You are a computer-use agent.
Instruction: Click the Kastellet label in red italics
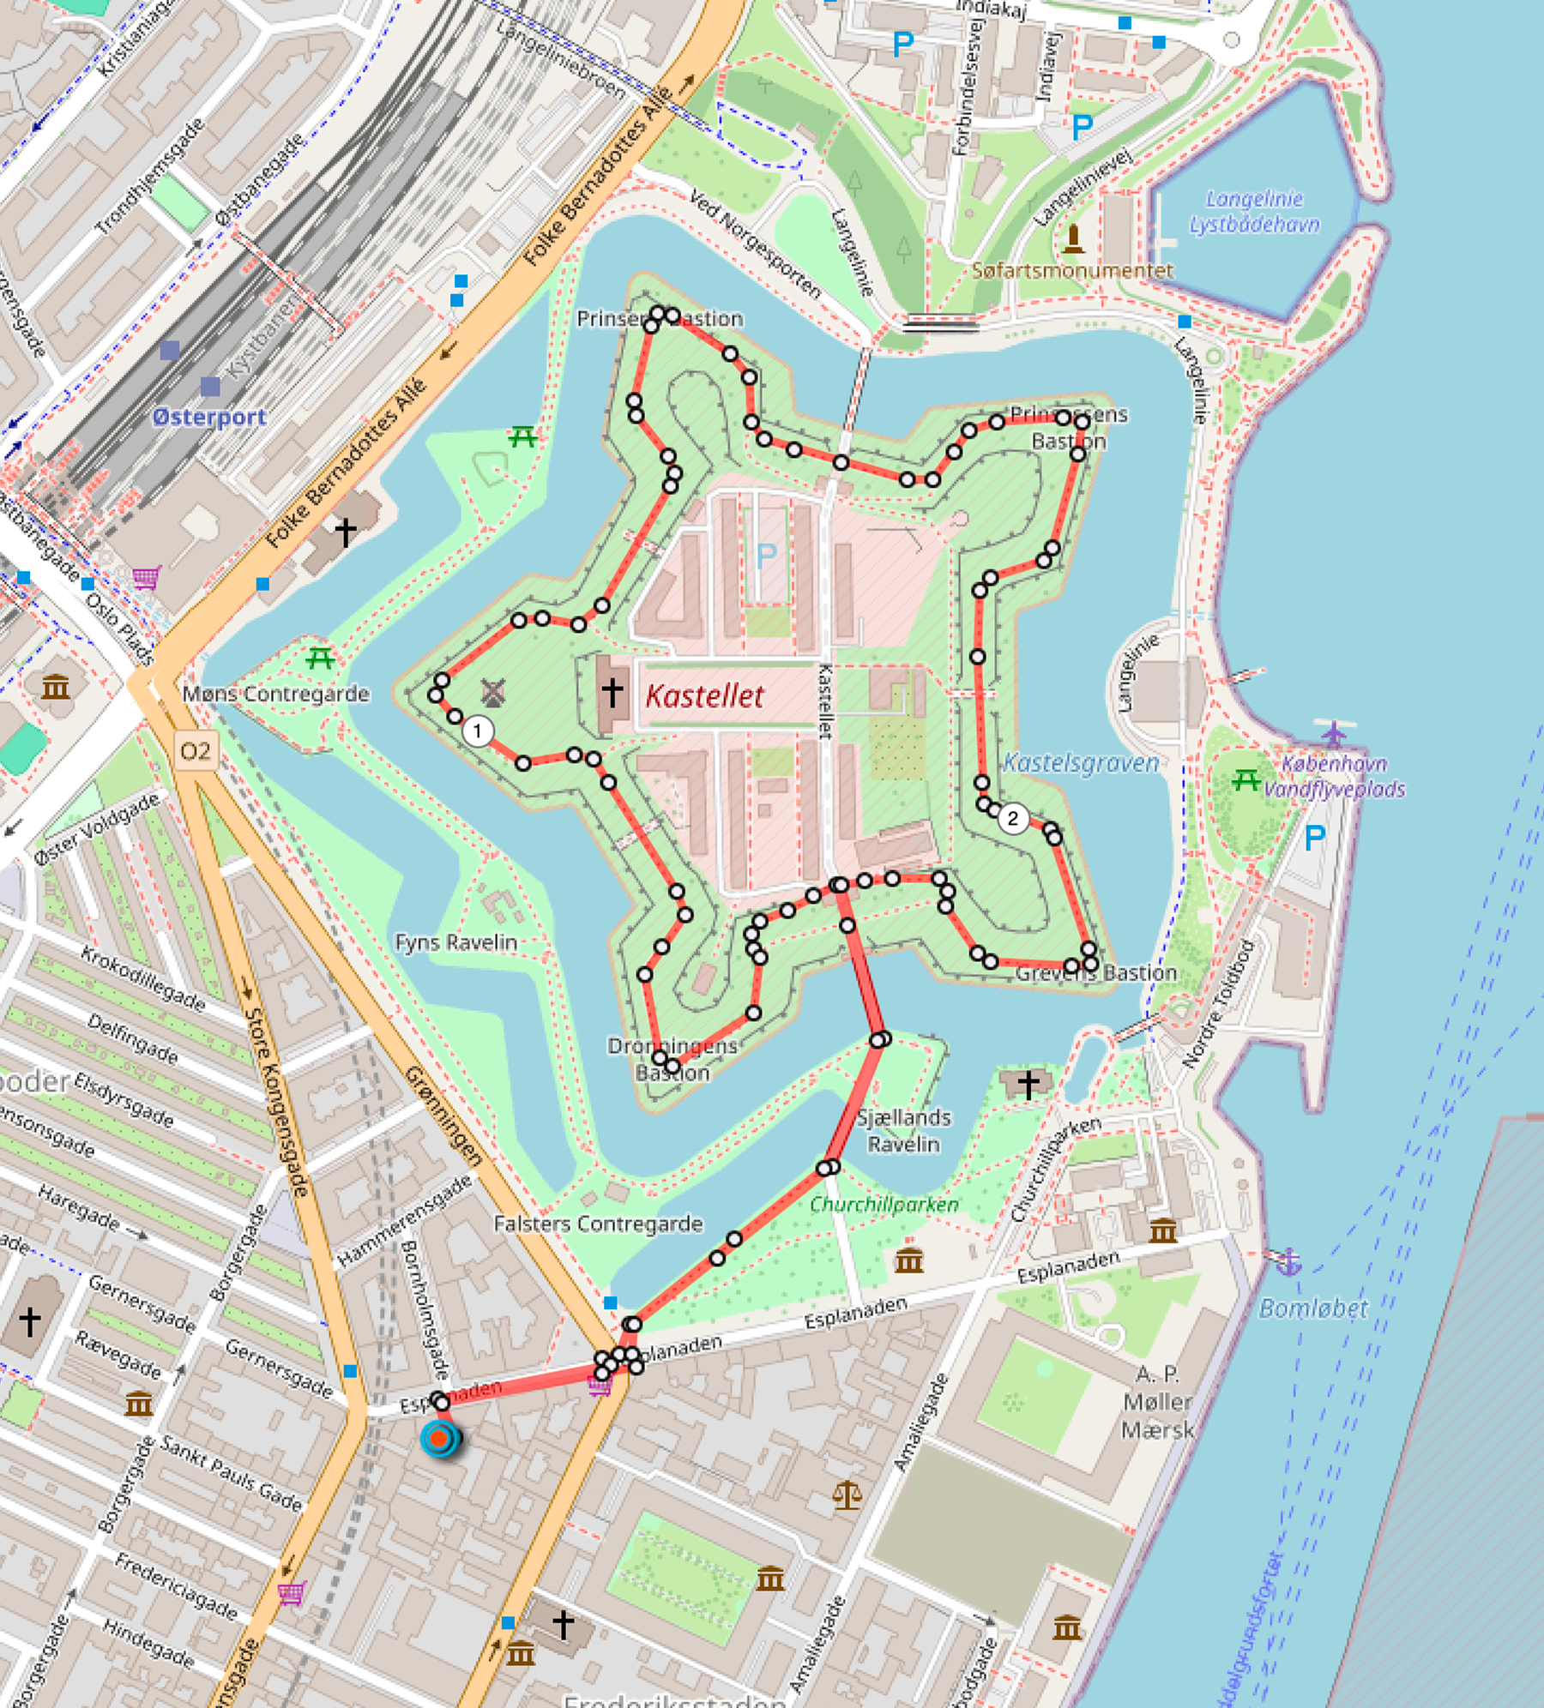coord(704,696)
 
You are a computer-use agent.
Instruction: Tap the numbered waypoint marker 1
coord(478,731)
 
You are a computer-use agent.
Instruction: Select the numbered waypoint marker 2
coord(1012,818)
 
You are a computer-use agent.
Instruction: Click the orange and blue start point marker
coord(439,1438)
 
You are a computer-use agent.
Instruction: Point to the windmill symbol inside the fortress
coord(492,692)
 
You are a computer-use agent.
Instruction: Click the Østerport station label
coord(210,418)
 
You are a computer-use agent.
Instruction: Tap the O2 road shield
coord(195,752)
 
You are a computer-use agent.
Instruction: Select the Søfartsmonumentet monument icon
coord(1073,239)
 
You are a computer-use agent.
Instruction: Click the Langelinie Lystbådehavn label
coord(1254,212)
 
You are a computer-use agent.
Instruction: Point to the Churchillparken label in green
coord(884,1205)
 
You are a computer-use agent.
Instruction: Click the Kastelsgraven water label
coord(1081,763)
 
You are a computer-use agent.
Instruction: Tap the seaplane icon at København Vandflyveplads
coord(1334,733)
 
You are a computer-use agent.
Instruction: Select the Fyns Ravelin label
coord(455,942)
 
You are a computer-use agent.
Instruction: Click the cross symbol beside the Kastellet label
coord(612,691)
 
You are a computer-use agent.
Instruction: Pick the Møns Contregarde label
coord(275,694)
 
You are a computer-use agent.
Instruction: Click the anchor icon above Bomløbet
coord(1288,1261)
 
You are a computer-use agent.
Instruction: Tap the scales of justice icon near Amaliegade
coord(847,1495)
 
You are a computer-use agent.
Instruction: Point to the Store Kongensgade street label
coord(276,1101)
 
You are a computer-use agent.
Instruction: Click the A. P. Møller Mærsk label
coord(1157,1402)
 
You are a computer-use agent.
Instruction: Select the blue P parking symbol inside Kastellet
coord(766,556)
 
